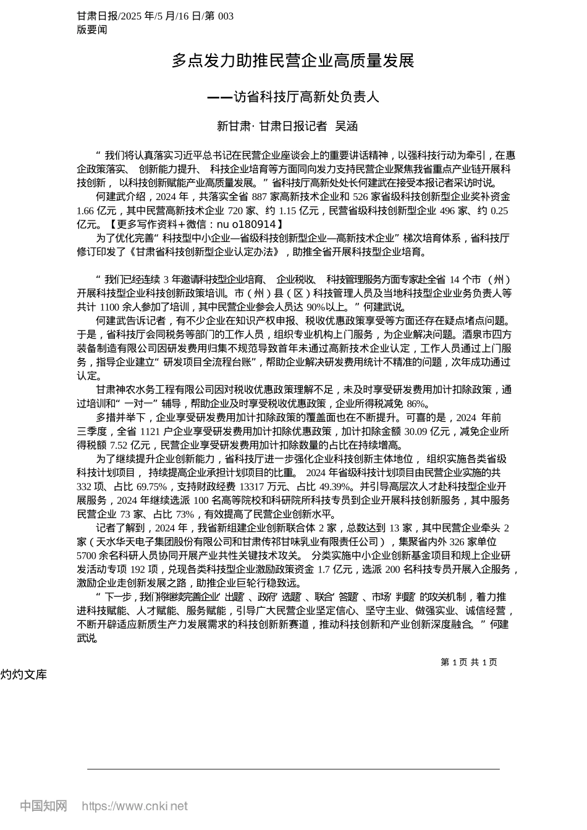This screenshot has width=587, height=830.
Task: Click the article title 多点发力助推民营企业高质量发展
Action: (x=293, y=61)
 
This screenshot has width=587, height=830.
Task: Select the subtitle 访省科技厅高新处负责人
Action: (x=306, y=97)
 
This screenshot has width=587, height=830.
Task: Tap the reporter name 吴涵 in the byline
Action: (x=346, y=126)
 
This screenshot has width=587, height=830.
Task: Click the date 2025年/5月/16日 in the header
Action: (x=159, y=16)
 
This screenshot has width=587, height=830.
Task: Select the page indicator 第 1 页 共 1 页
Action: (x=468, y=662)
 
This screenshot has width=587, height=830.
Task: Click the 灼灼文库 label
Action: (x=23, y=674)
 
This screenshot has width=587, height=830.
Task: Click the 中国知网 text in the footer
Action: (x=43, y=806)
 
